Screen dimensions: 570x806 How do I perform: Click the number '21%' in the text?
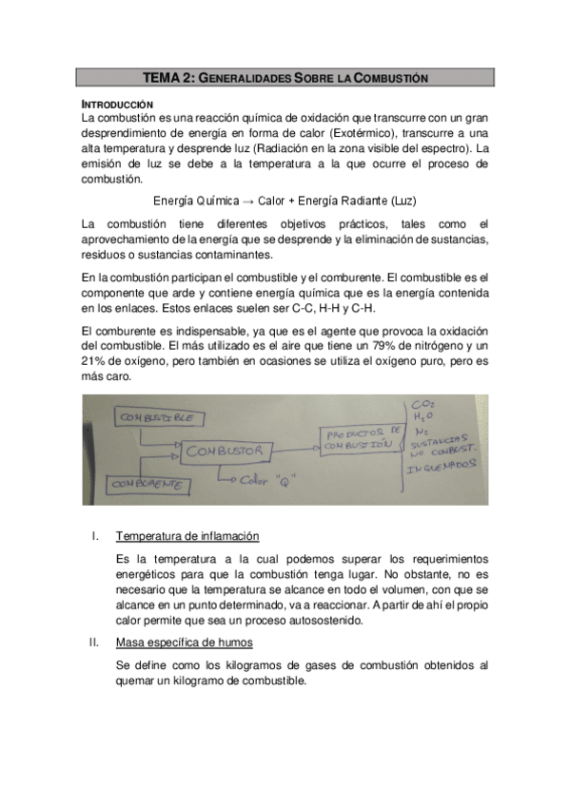(95, 361)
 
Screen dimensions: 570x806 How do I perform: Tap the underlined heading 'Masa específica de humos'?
(177, 643)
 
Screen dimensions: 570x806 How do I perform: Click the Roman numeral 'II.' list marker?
(94, 643)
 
